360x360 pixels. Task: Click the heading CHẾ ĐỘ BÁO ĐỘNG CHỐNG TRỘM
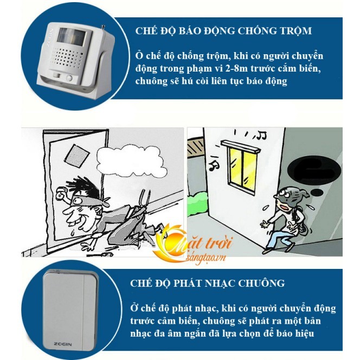[223, 31]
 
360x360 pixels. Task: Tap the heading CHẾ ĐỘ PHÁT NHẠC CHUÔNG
[208, 284]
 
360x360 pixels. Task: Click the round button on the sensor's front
[69, 78]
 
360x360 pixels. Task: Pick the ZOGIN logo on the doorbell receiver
[63, 344]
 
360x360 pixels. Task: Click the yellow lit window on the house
[242, 168]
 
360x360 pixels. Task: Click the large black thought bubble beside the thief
[314, 170]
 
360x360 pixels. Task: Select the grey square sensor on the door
[76, 156]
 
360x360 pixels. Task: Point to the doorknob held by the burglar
[61, 194]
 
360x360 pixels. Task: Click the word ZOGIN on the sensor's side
[50, 38]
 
